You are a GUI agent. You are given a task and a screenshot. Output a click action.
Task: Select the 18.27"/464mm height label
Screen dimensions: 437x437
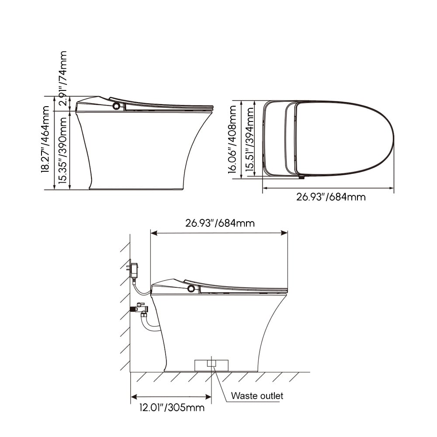point(45,142)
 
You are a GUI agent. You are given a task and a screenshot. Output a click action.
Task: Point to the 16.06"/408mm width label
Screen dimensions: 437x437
point(232,139)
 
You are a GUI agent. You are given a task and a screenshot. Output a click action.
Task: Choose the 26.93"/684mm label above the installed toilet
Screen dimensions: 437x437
point(220,223)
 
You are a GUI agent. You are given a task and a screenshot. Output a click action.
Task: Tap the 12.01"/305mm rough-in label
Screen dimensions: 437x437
point(172,408)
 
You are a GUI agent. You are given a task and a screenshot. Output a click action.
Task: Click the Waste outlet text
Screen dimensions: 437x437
point(257,396)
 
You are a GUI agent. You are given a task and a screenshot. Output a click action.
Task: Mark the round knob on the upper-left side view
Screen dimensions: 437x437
point(116,106)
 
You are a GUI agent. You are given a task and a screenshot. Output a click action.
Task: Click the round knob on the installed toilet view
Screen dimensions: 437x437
point(191,288)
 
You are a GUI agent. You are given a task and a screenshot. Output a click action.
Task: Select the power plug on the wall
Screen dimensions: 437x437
point(134,270)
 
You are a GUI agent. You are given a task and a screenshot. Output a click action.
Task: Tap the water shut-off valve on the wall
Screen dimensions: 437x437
point(140,308)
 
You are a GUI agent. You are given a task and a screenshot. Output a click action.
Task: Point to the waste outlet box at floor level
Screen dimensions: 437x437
point(212,364)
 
